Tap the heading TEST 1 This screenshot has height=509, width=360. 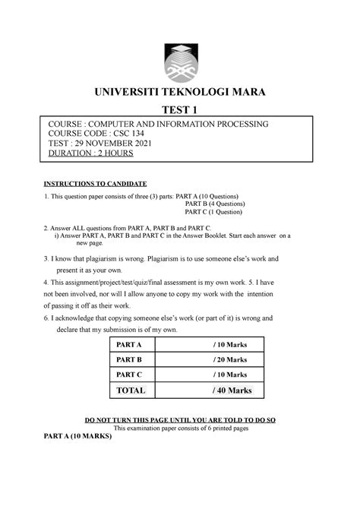click(180, 110)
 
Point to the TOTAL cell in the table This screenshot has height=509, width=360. click(129, 390)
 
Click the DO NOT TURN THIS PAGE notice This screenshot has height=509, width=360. click(180, 420)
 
